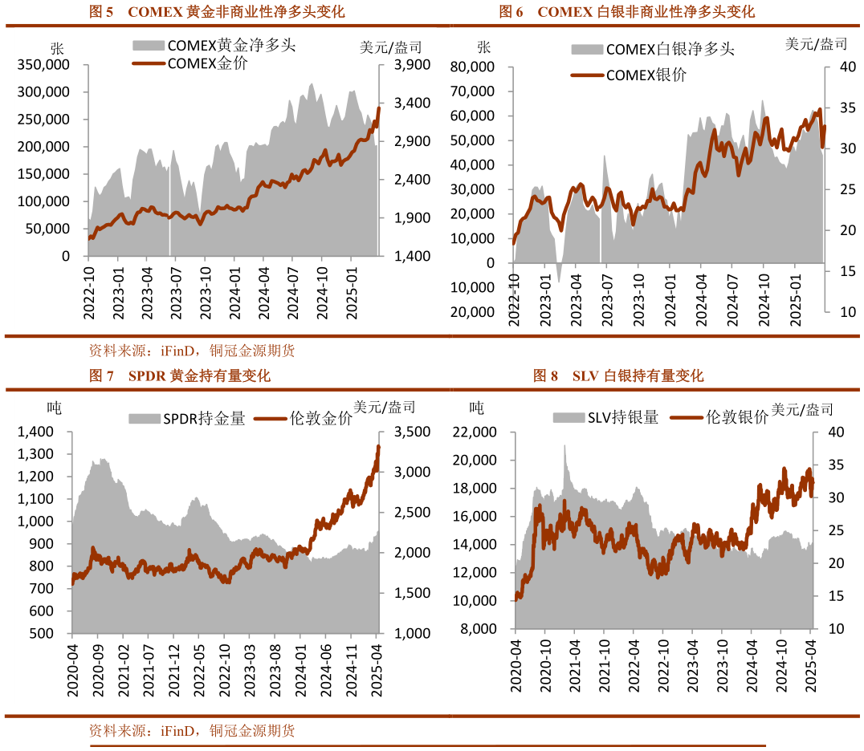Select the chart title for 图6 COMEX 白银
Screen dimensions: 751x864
point(626,12)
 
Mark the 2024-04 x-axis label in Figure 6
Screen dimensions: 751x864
point(701,298)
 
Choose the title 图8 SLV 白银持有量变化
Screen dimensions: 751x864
point(618,375)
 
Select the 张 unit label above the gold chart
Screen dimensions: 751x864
point(56,47)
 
